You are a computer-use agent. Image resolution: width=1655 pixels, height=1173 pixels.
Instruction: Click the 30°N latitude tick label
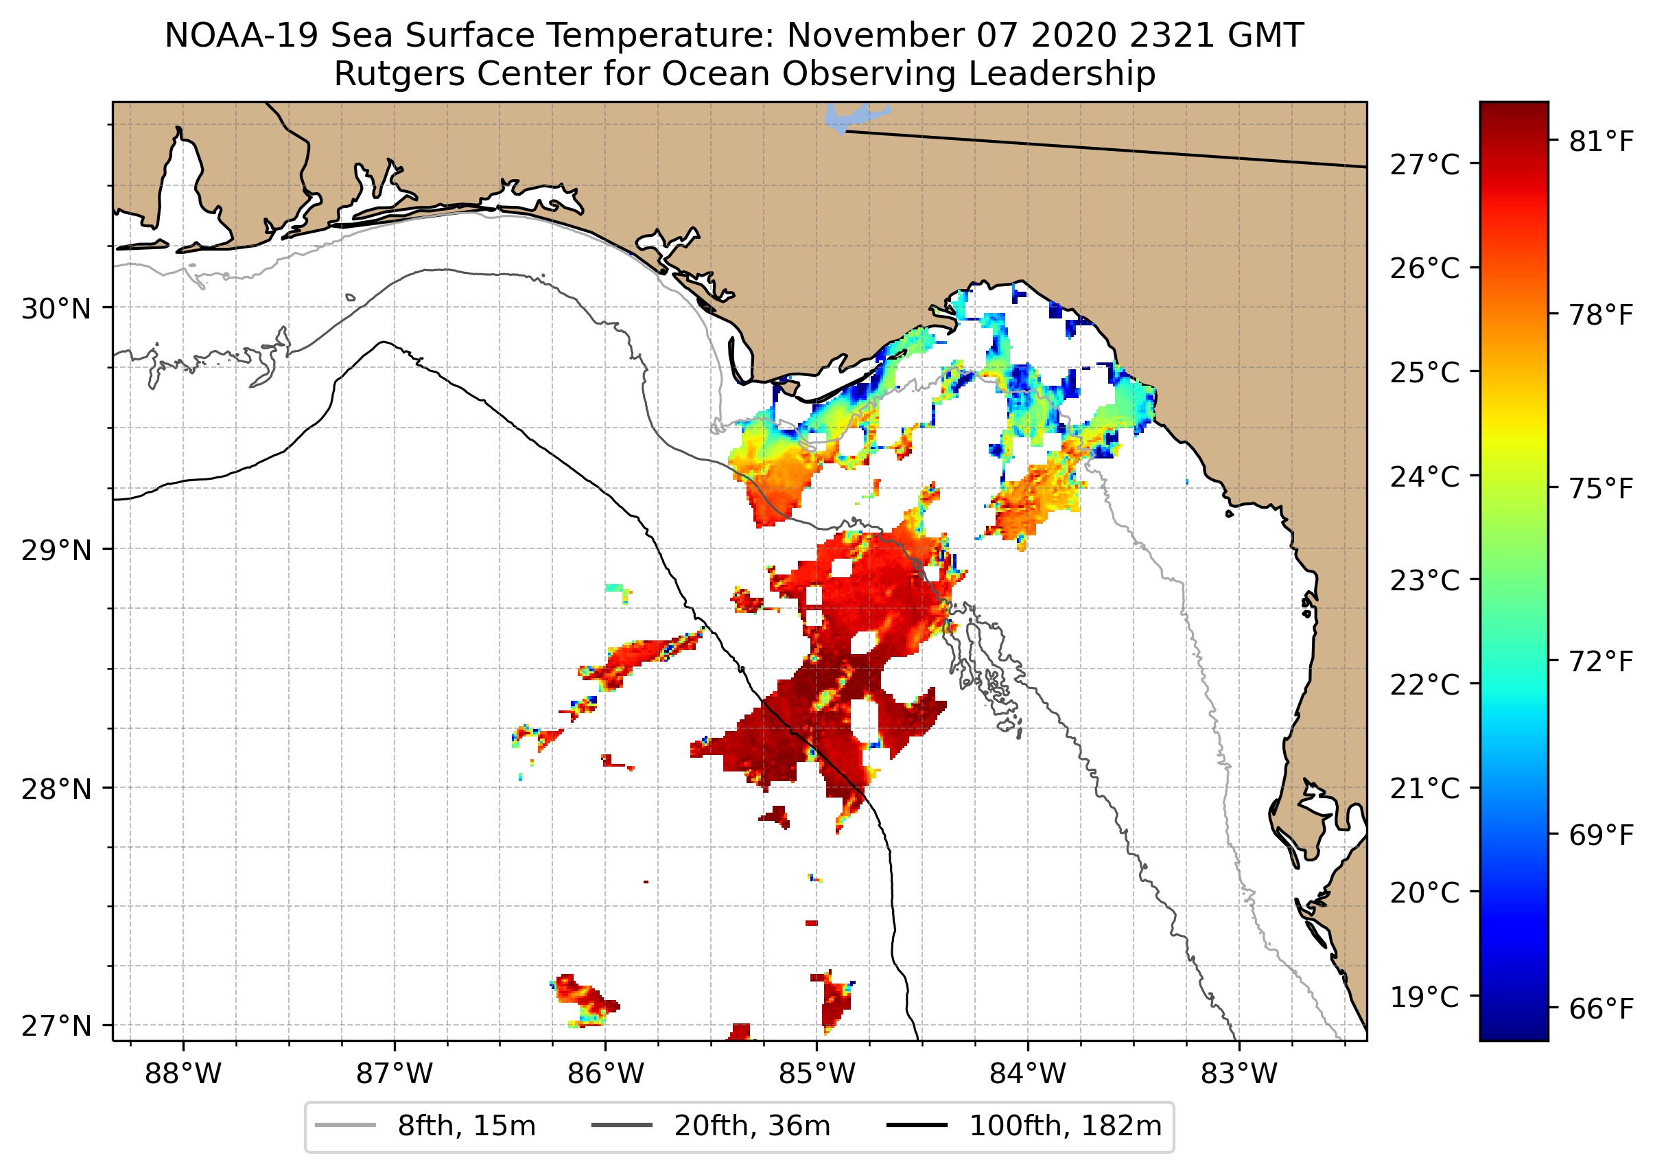click(56, 309)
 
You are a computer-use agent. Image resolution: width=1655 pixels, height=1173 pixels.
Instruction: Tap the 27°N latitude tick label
click(56, 1026)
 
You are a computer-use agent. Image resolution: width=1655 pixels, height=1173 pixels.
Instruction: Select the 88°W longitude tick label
click(183, 1074)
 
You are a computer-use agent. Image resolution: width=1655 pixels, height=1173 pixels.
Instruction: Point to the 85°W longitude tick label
click(817, 1074)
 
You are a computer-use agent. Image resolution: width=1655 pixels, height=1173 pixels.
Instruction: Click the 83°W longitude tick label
click(1239, 1074)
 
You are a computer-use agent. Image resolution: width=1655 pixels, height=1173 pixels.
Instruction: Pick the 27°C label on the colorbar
click(1424, 165)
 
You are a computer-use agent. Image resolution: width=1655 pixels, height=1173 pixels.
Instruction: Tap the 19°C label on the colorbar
click(1424, 997)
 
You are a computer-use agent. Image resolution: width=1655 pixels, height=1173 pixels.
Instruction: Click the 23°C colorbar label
click(1424, 581)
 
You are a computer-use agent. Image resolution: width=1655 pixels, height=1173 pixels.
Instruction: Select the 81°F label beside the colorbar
click(1601, 141)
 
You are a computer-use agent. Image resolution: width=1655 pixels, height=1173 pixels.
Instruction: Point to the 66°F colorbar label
click(1601, 1008)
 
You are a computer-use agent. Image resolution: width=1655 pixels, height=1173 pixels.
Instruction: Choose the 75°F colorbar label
click(1601, 489)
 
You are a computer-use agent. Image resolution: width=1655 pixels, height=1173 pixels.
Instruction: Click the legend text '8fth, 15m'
click(467, 1126)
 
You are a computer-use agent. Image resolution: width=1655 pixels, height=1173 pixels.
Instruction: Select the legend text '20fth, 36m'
click(752, 1126)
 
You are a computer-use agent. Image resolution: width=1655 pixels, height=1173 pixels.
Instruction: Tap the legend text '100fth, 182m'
click(1065, 1126)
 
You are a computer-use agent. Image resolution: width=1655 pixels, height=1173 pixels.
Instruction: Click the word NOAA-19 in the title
click(241, 36)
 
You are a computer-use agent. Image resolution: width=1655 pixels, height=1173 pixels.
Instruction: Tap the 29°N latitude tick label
click(56, 550)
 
